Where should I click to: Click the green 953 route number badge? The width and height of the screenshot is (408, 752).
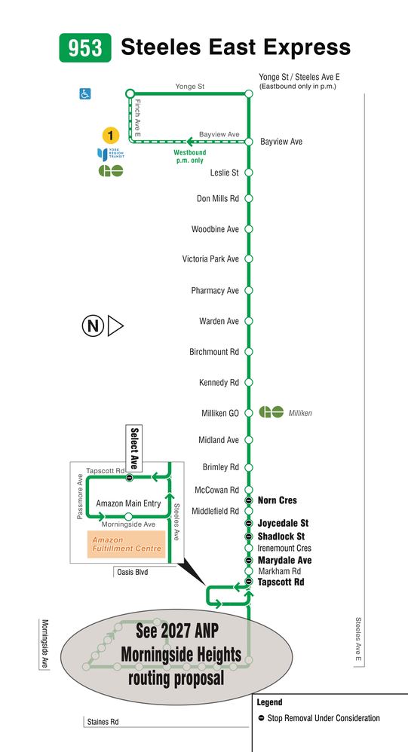(x=85, y=48)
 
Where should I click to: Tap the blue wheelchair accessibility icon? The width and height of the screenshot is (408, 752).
(x=85, y=93)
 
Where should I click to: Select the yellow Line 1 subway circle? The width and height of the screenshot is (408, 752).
(x=110, y=136)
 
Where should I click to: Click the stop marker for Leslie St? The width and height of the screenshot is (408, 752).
(x=249, y=173)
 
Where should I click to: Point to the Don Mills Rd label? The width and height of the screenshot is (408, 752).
(x=218, y=199)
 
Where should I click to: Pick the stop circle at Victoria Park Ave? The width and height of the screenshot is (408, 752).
(x=249, y=259)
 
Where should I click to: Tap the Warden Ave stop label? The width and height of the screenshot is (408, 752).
(x=219, y=321)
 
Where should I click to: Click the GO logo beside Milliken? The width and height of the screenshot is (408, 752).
(x=271, y=412)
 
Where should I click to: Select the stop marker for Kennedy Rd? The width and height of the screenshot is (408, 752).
(x=249, y=382)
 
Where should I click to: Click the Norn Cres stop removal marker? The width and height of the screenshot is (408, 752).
(x=249, y=500)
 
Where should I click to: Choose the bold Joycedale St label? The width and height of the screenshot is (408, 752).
(x=284, y=523)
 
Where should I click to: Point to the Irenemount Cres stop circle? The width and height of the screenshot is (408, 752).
(x=249, y=548)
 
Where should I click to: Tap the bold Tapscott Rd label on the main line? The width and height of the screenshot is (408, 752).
(x=281, y=582)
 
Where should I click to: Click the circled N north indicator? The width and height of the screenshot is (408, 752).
(x=93, y=326)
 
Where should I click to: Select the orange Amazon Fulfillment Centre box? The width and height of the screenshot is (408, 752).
(x=126, y=544)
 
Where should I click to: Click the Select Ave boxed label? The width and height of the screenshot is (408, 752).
(x=134, y=448)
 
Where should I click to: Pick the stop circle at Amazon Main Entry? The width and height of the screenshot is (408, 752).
(x=128, y=516)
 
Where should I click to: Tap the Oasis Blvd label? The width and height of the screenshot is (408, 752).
(x=133, y=572)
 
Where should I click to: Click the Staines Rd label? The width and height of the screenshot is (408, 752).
(x=103, y=721)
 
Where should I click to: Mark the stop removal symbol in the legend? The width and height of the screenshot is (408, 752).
(x=261, y=718)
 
